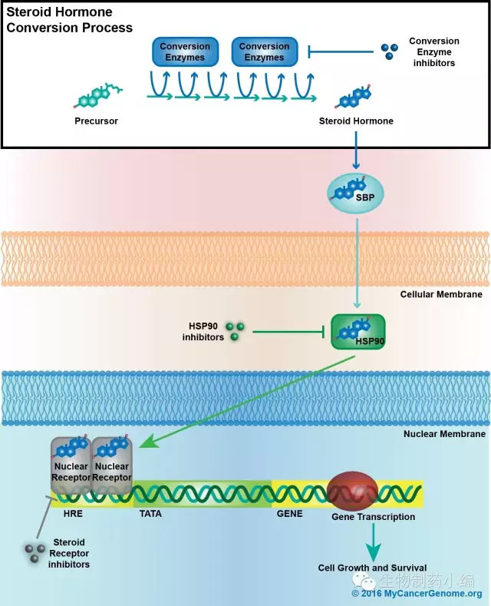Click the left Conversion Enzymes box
pos(185,51)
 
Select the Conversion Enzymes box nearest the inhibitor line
pos(264,51)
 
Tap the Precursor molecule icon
pos(98,96)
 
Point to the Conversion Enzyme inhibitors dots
pos(390,51)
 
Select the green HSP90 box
pos(357,331)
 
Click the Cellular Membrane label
pos(441,294)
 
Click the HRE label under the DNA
pos(74,513)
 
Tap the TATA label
pos(150,513)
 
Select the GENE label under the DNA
pos(289,513)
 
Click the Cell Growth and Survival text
pos(372,568)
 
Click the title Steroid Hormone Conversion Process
pos(69,21)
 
